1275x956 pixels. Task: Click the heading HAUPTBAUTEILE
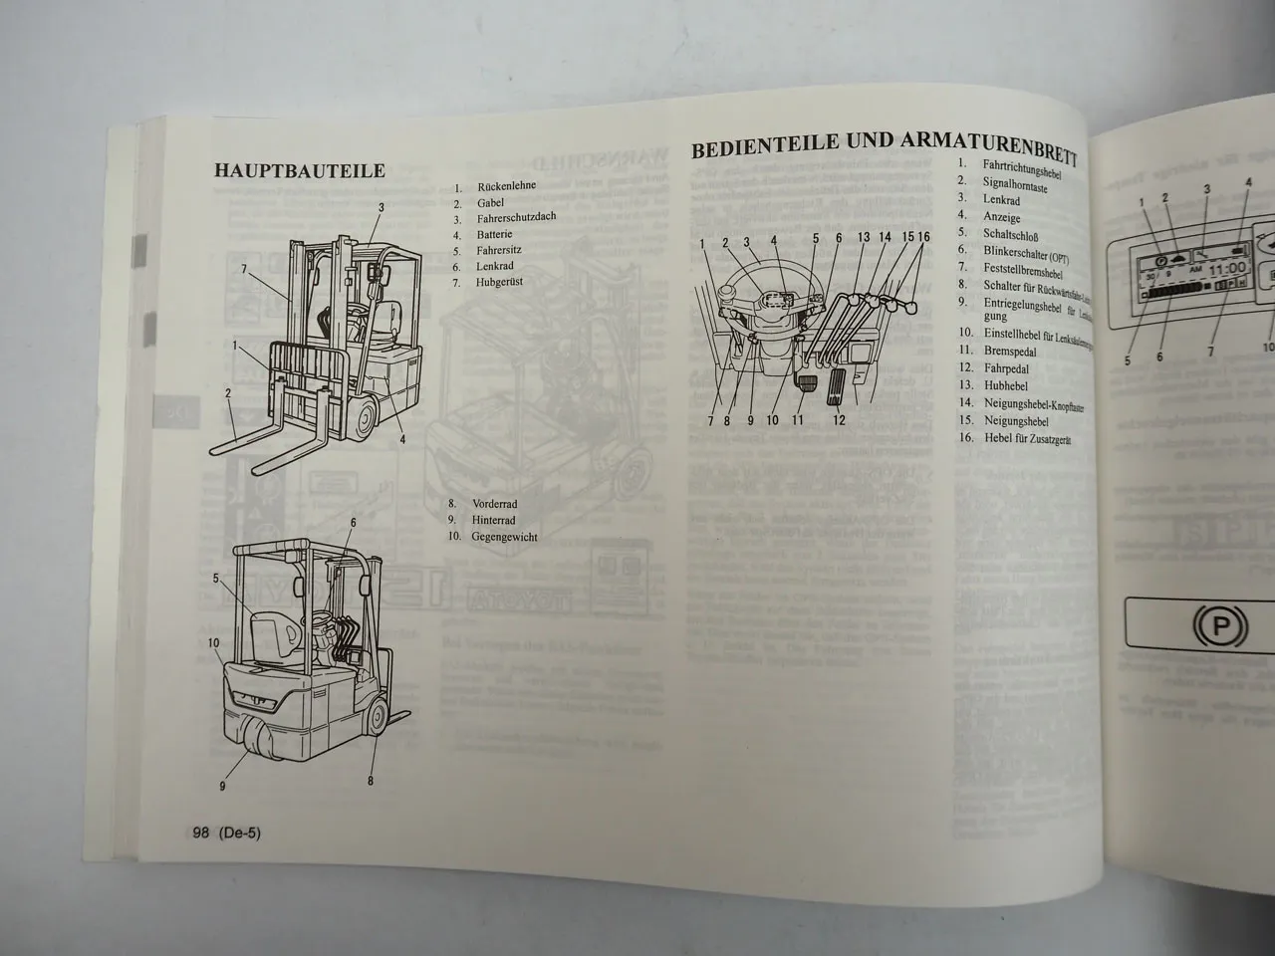(299, 170)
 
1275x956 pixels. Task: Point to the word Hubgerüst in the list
(500, 282)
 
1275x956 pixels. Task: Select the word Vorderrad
(496, 505)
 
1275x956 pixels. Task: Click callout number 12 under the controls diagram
(839, 421)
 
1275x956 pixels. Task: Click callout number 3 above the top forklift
(381, 207)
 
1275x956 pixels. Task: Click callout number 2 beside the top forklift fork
(228, 393)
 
